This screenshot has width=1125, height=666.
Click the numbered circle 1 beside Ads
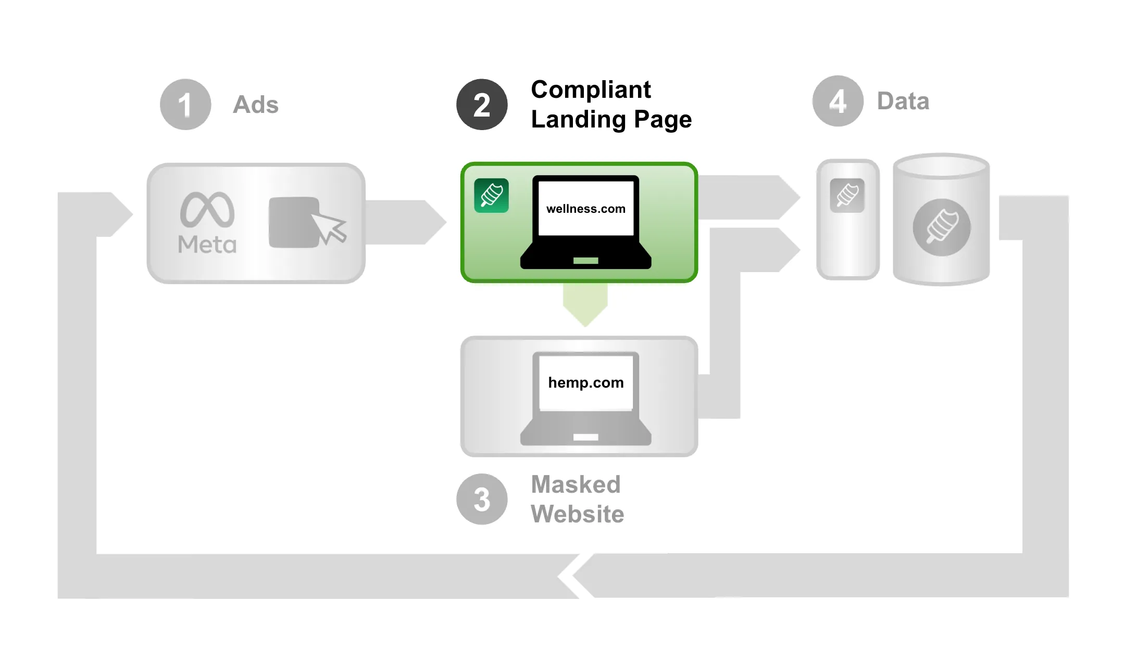[185, 104]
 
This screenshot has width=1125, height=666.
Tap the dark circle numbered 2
[482, 104]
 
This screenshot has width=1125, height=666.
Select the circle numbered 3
[482, 499]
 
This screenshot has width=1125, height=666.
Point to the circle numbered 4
[838, 101]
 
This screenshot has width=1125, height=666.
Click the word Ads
[255, 105]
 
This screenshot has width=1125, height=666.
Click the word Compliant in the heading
[591, 89]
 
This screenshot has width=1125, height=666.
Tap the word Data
[903, 101]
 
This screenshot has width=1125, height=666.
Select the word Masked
[576, 484]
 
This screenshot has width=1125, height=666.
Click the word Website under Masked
[577, 514]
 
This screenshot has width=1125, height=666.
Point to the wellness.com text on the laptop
[585, 209]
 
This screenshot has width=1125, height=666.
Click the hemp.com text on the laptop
[585, 382]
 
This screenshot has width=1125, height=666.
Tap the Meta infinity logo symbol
[207, 210]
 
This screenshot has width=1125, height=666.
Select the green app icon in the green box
[491, 196]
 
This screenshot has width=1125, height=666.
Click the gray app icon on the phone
[847, 196]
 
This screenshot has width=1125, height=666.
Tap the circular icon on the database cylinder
[941, 227]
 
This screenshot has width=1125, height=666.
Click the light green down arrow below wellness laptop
[585, 305]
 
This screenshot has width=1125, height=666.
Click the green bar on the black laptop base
[585, 261]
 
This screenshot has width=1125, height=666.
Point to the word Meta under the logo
[207, 245]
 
